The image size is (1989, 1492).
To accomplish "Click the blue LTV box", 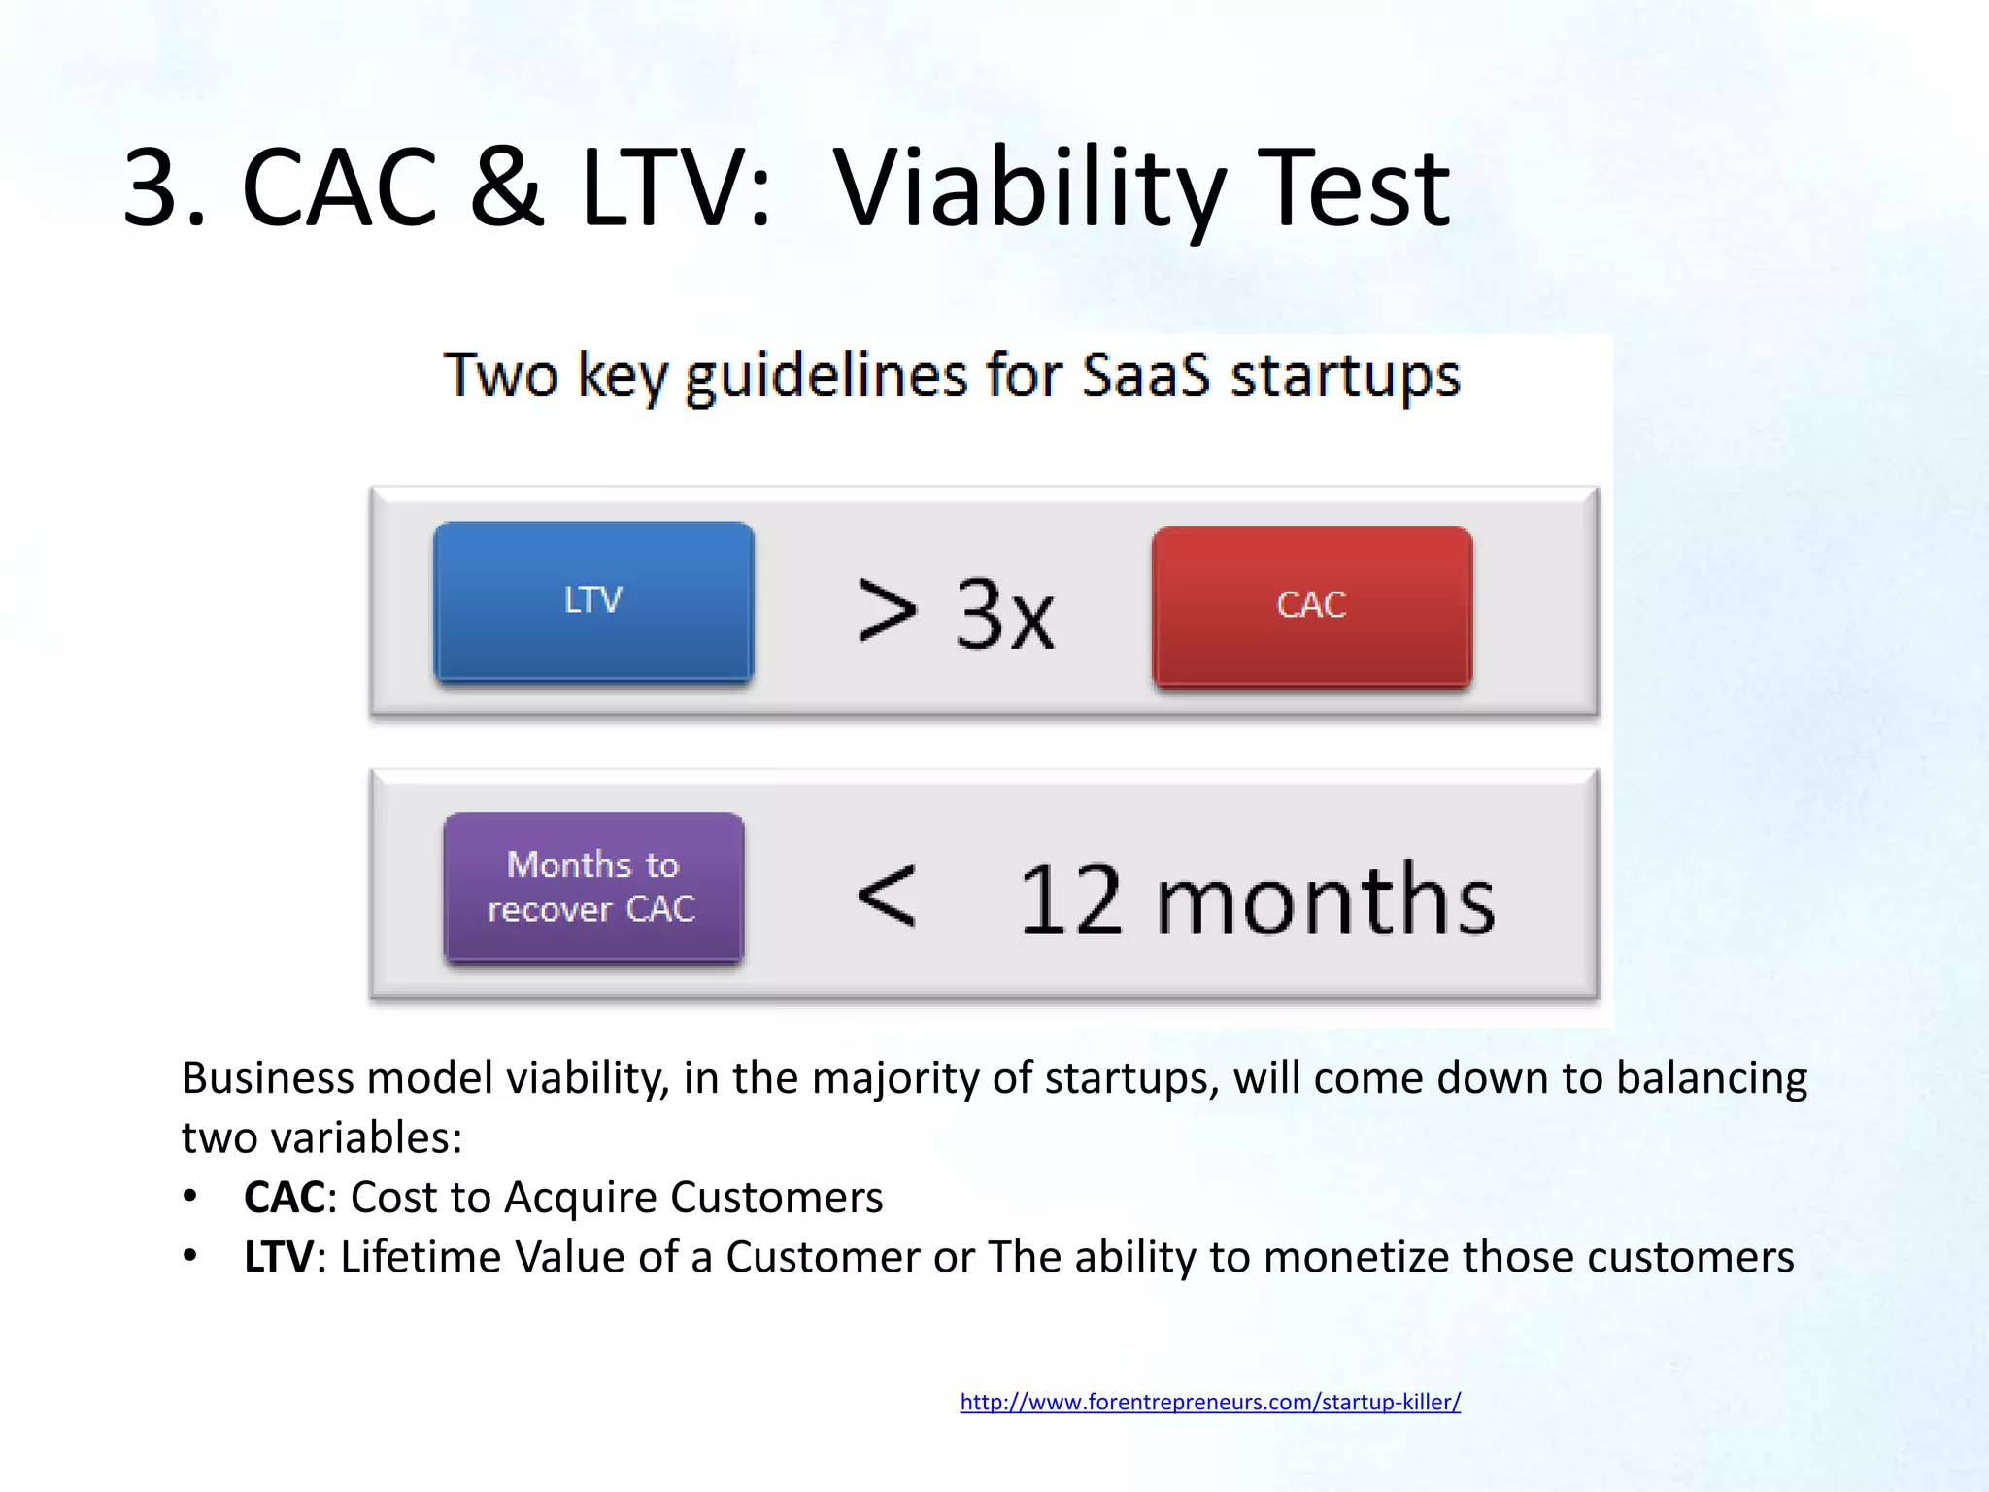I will coord(593,601).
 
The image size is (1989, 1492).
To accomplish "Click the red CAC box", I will coord(1311,606).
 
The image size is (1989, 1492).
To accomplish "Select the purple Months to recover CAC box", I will coord(593,887).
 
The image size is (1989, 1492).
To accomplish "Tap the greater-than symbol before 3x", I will coord(888,612).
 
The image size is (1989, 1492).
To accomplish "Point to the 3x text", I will coord(1004,614).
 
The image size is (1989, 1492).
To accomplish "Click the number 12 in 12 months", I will coord(1070,901).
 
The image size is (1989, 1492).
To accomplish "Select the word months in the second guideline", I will coord(1325,899).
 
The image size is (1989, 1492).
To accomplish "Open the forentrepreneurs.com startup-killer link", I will coord(1210,1402).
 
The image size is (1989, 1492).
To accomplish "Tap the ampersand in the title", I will coord(506,188).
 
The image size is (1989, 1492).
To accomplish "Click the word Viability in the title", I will coord(1029,188).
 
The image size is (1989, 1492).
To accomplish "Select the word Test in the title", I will coord(1352,188).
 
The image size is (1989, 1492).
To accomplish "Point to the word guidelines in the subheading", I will coord(826,377).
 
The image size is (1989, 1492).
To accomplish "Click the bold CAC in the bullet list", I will coord(284,1198).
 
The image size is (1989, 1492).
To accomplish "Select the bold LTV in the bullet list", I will coord(278,1257).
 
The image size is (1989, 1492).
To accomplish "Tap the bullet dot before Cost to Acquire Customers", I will coord(190,1196).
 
